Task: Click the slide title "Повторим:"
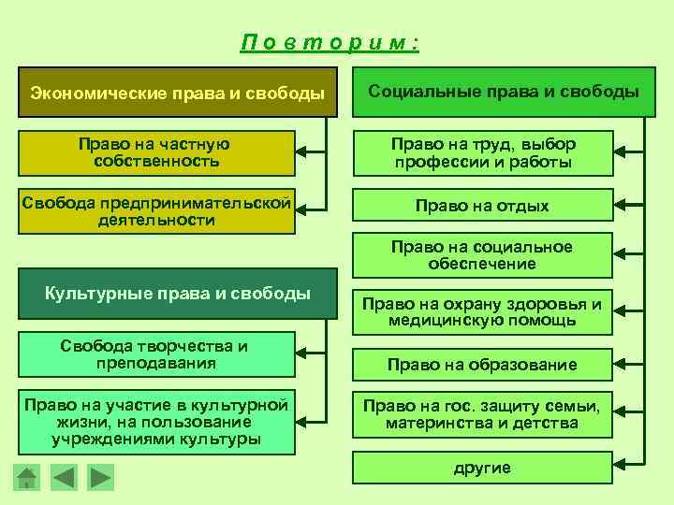coord(329,42)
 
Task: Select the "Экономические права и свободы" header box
coord(177,93)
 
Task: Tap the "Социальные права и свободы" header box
coord(504,92)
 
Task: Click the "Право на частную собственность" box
coord(156,153)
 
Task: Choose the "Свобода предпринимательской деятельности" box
coord(156,212)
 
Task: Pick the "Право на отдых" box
coord(482,206)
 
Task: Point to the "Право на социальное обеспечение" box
coord(482,255)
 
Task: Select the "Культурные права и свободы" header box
coord(177,295)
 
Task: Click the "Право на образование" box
coord(482,365)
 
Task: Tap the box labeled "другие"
coord(482,468)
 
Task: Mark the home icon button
coord(28,478)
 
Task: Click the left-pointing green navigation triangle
coord(64,478)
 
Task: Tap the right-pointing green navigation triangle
coord(99,478)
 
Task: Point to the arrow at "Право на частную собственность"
coord(312,150)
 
